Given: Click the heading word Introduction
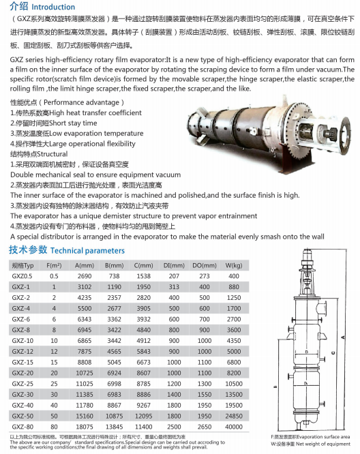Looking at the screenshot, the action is click(x=53, y=7).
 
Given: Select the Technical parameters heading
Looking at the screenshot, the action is click(x=87, y=251).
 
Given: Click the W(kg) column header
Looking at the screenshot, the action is click(x=234, y=265).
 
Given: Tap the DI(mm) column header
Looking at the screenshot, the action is click(x=174, y=265).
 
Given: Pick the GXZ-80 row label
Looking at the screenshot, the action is click(x=22, y=427).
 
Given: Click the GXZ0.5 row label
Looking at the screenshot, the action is click(x=22, y=276).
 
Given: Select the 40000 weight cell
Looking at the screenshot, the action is click(x=234, y=427).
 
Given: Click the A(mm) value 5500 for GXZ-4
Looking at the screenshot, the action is click(x=85, y=309).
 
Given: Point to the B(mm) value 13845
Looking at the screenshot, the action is click(x=114, y=427).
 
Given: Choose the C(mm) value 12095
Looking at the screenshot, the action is click(x=144, y=416).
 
